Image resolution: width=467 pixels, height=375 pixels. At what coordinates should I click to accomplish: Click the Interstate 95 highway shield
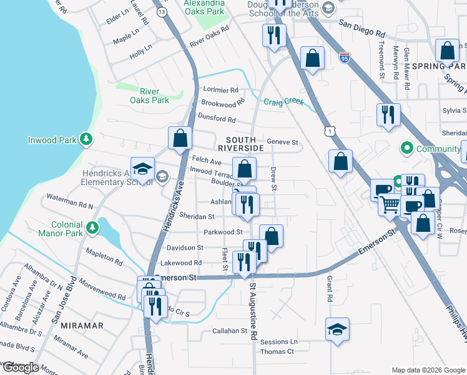(345, 57)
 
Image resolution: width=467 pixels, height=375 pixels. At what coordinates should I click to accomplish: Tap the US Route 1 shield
(330, 131)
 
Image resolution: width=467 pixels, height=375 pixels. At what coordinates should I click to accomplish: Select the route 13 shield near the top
(162, 12)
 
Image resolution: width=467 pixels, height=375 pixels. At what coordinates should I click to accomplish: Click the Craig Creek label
(283, 102)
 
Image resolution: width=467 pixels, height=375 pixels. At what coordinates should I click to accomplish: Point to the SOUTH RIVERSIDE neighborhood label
(240, 143)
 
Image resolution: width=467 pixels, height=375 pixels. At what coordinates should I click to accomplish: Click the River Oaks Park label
(149, 96)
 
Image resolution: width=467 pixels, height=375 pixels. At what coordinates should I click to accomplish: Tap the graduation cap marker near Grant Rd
(337, 329)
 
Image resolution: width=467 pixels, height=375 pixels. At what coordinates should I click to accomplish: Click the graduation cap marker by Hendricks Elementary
(142, 168)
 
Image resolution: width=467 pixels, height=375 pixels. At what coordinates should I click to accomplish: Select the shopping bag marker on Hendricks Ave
(180, 138)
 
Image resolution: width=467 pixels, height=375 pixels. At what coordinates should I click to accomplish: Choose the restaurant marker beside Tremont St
(388, 114)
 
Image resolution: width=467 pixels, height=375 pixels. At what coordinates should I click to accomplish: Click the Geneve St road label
(283, 142)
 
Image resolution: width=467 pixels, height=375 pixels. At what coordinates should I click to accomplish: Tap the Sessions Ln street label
(279, 342)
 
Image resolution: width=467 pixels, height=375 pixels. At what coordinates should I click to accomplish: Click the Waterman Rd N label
(69, 206)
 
